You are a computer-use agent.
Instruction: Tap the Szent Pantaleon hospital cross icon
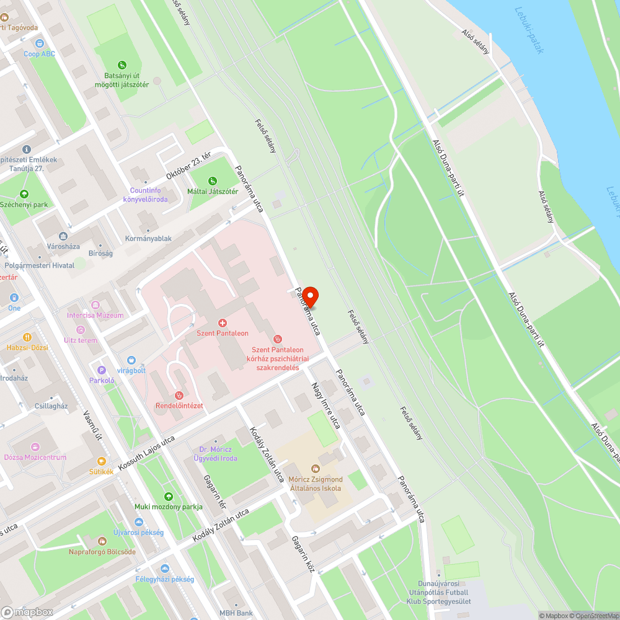223,323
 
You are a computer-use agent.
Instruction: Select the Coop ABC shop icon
40,43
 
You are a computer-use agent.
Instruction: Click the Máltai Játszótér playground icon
213,181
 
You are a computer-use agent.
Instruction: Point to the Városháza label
64,246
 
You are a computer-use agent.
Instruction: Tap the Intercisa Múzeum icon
95,305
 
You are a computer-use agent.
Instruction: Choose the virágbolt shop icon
131,360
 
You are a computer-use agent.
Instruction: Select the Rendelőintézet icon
179,395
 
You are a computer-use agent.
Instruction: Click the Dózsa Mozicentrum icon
35,447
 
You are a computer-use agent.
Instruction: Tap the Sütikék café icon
101,461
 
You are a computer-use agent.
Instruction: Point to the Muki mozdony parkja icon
169,496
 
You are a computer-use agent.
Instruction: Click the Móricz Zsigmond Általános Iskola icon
316,469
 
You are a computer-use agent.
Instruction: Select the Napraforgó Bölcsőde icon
102,541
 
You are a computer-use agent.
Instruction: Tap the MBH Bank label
236,613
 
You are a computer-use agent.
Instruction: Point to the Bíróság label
100,254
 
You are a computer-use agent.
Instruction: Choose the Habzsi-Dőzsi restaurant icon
27,337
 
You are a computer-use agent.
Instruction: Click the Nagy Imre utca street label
326,405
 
